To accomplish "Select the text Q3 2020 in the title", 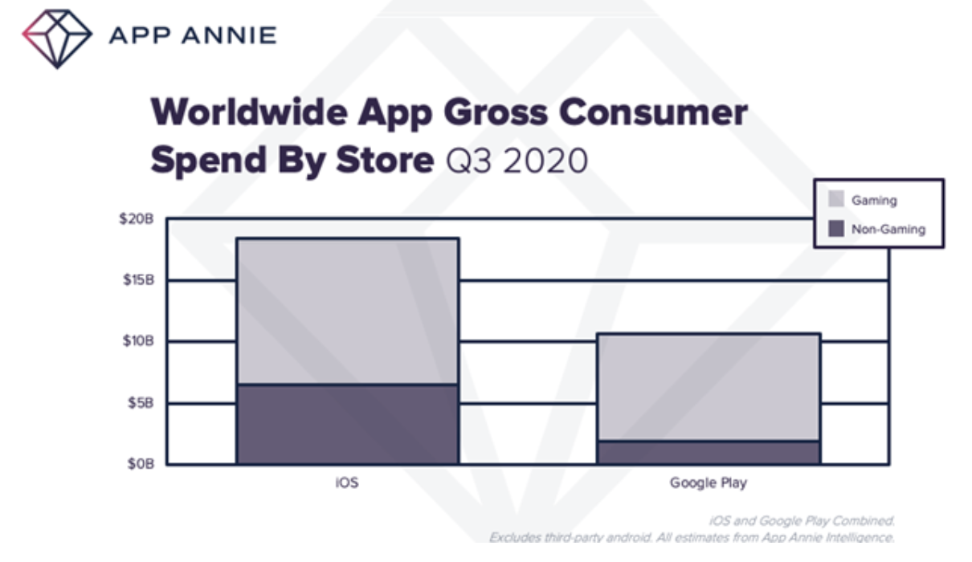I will coord(517,161).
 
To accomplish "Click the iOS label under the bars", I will coord(347,483).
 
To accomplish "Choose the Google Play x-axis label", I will coord(708,483).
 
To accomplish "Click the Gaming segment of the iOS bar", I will coord(347,312).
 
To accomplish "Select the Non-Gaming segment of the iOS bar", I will coord(347,424).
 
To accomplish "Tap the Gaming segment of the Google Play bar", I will coord(708,387).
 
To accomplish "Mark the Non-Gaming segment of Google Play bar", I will coord(708,452).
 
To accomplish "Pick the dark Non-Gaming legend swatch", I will coord(836,229).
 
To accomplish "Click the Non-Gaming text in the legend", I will coord(888,229).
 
